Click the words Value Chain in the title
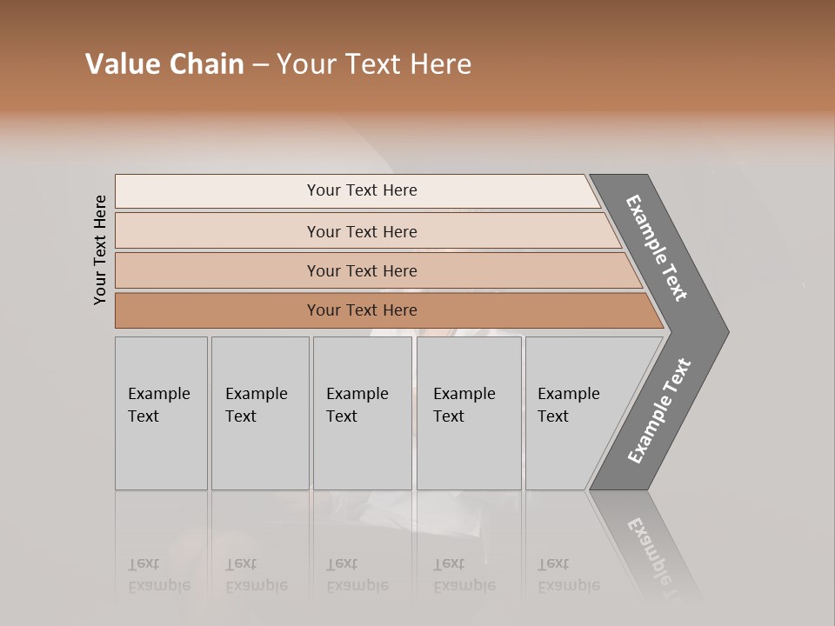(164, 64)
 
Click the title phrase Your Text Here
(374, 64)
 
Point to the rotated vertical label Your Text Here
(100, 250)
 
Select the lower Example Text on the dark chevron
(659, 411)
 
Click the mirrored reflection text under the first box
(158, 575)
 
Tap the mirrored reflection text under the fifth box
(568, 575)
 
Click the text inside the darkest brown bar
(362, 310)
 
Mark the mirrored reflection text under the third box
(357, 575)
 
